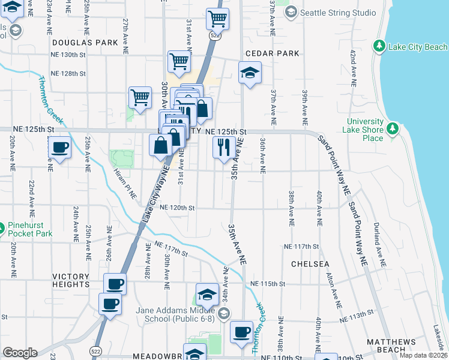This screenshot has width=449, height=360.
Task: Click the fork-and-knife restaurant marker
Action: coord(224,147)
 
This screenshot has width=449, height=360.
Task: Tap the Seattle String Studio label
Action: coord(339,13)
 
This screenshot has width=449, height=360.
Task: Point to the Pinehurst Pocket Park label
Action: coord(31,230)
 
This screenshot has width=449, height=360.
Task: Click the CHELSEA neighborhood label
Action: coord(310,264)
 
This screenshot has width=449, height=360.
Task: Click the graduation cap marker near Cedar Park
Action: coord(250,74)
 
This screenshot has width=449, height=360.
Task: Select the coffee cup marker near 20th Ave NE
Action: coord(59,148)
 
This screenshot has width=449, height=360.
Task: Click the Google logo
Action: coord(20,353)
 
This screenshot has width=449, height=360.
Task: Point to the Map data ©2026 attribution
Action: coord(423,355)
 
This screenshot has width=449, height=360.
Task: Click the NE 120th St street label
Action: coord(178,208)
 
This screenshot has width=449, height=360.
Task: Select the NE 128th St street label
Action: coord(68,73)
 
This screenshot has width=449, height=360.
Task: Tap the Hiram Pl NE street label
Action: coord(125,183)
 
